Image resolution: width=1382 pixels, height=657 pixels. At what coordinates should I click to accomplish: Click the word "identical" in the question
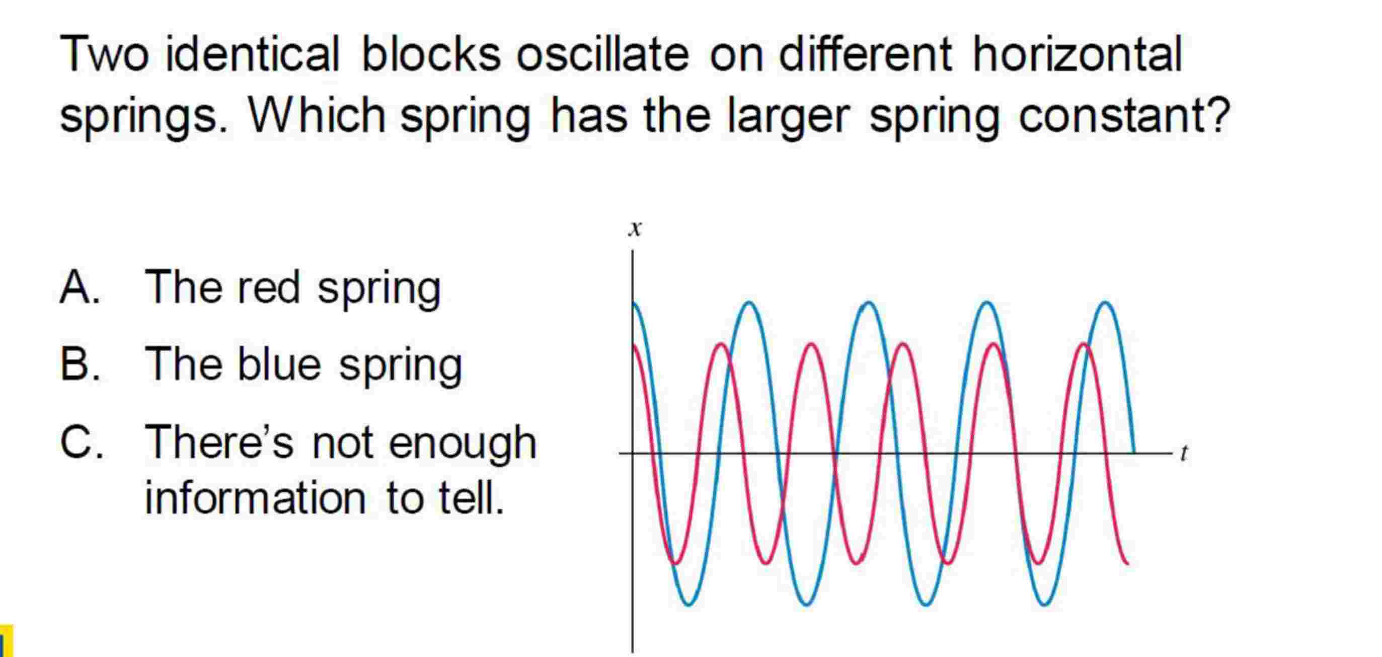(252, 54)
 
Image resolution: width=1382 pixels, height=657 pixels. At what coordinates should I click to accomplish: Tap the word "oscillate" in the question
(602, 54)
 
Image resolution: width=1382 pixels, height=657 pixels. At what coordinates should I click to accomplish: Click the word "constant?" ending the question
(1124, 116)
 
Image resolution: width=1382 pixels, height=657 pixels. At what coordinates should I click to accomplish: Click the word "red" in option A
(268, 287)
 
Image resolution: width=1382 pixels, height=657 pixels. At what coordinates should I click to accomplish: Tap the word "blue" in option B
(279, 364)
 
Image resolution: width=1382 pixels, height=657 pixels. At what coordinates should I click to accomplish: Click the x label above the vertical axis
(635, 229)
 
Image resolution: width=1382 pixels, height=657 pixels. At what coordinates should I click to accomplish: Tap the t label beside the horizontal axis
(1183, 454)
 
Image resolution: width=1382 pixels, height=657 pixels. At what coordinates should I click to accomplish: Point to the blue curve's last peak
(1106, 303)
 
